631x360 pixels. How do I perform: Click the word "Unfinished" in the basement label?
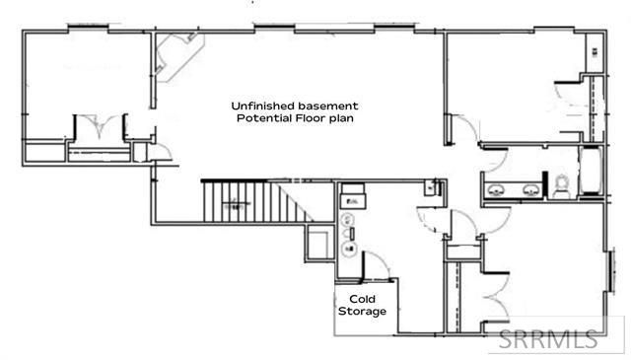pyautogui.click(x=261, y=105)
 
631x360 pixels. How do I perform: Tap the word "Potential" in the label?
pyautogui.click(x=261, y=118)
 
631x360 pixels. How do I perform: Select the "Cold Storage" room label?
pyautogui.click(x=362, y=304)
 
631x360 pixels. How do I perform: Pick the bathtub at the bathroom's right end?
pyautogui.click(x=591, y=174)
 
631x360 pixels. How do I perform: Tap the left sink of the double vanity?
pyautogui.click(x=496, y=188)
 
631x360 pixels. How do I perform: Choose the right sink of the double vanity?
pyautogui.click(x=530, y=188)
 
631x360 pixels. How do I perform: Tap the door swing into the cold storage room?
pyautogui.click(x=375, y=264)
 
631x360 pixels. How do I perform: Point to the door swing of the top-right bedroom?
pyautogui.click(x=457, y=128)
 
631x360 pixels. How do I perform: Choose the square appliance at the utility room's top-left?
pyautogui.click(x=351, y=196)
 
